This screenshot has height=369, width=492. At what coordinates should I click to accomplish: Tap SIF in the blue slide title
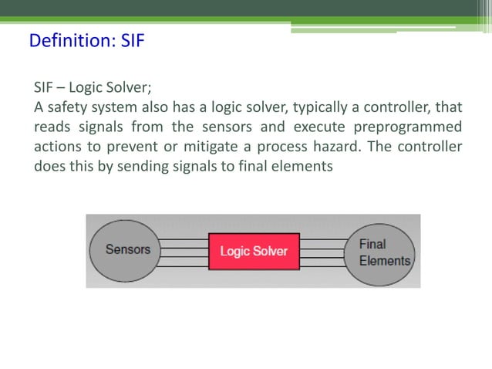pos(133,40)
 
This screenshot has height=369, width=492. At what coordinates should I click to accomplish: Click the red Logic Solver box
pos(254,251)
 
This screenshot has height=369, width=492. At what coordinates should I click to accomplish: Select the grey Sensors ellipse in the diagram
pos(127,250)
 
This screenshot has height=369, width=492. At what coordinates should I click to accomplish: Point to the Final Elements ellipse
pos(379,252)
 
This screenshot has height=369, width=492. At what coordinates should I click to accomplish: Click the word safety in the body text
pos(67,107)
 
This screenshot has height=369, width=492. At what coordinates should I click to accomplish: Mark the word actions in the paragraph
pos(56,147)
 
